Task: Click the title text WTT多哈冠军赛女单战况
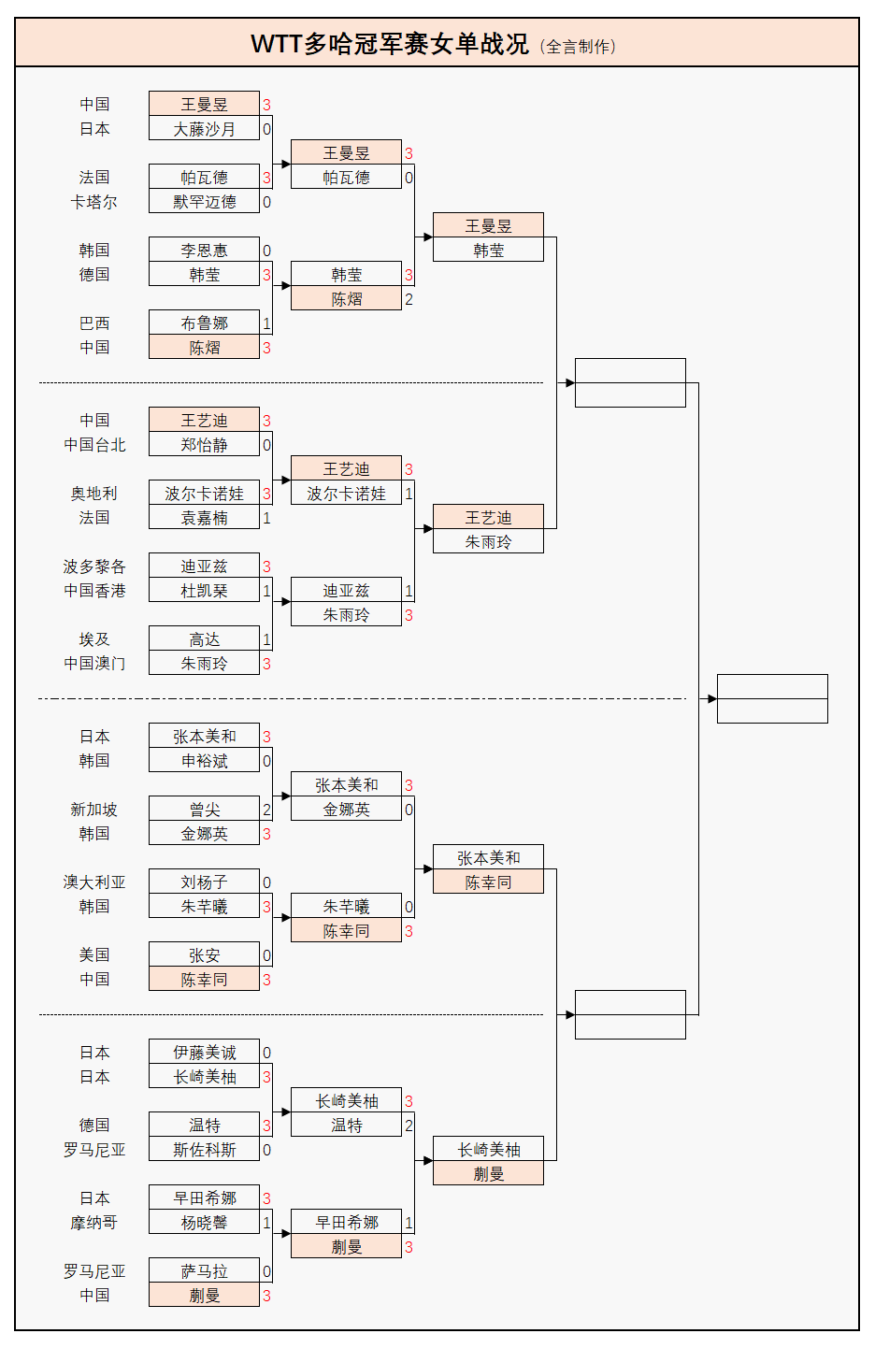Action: pos(389,44)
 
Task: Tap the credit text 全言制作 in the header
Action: pos(581,47)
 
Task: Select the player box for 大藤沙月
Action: pos(204,129)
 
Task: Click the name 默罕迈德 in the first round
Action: pos(204,202)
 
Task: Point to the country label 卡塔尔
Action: pos(93,202)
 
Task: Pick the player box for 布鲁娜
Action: pos(204,323)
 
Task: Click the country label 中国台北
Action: pos(94,445)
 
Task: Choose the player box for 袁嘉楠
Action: pos(204,518)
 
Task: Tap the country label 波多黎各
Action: pos(94,566)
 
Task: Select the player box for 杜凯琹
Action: pos(204,591)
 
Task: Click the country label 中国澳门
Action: pos(94,664)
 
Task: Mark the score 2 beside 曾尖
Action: pos(266,810)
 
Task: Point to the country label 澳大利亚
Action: pos(94,882)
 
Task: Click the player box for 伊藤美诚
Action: pos(204,1053)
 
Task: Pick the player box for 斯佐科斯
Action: pos(204,1150)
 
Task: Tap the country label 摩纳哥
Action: pos(93,1223)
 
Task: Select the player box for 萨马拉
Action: pos(204,1271)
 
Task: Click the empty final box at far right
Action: pos(772,698)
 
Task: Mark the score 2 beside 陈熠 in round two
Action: pos(409,299)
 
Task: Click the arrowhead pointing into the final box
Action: pos(712,698)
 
